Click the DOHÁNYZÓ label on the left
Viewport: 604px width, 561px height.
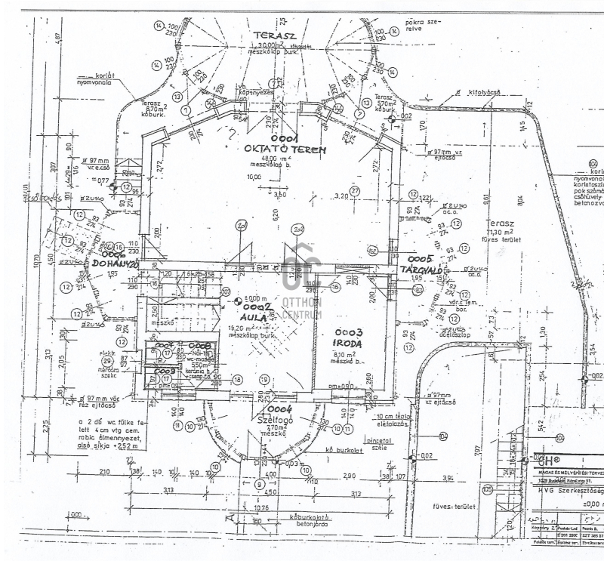point(113,264)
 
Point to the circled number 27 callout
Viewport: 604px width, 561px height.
point(355,190)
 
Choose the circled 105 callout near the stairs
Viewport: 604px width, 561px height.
point(487,491)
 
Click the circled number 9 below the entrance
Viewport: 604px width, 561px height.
point(260,484)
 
